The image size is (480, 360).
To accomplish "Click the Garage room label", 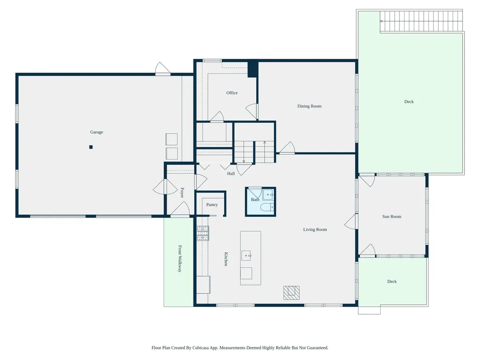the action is (x=97, y=132).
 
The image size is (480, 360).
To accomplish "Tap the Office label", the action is (x=232, y=93).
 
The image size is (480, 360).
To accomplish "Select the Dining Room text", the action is (x=309, y=106).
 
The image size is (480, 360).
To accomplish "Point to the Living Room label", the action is (x=315, y=230).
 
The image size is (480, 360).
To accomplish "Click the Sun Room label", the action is (x=391, y=217).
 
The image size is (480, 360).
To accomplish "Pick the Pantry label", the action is (x=212, y=205).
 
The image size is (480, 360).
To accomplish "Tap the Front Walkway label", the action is (x=180, y=259).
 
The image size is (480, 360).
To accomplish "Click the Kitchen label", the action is (x=226, y=259).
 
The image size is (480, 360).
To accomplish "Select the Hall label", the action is (x=231, y=173).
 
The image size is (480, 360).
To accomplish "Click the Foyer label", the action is (x=182, y=193).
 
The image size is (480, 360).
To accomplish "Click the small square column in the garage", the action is (x=91, y=147).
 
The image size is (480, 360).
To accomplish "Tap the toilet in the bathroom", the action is (x=267, y=208).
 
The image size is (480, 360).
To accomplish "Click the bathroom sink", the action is (x=268, y=195).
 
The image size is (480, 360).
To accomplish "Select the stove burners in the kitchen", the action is (x=202, y=233).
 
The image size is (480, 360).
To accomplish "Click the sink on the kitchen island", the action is (x=247, y=255).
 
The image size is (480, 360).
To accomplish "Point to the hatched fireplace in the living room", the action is (x=292, y=293).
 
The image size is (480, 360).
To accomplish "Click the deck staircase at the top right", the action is (x=421, y=21).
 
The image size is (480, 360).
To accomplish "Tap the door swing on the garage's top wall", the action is (x=163, y=68).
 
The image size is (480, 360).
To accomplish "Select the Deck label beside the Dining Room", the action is (x=409, y=102).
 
